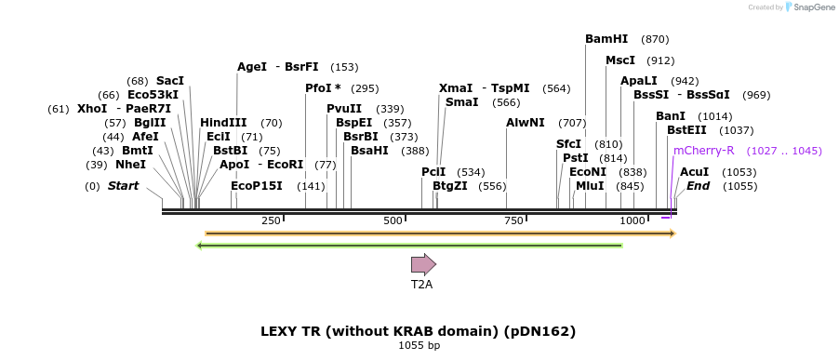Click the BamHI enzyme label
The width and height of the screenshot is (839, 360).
(606, 39)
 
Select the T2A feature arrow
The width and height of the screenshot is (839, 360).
(423, 264)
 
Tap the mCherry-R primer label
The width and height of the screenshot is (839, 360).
(703, 150)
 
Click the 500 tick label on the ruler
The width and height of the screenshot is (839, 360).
(393, 220)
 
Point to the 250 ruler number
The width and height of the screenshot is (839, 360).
(271, 220)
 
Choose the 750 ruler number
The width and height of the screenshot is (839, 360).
(513, 220)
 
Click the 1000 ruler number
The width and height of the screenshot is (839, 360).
(633, 220)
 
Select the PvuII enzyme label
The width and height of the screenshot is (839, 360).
(344, 109)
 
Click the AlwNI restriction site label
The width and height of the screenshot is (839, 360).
(526, 123)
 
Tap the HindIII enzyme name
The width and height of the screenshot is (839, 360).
(223, 123)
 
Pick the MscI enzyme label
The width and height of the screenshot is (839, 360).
(620, 60)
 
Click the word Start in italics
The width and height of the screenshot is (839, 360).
(123, 186)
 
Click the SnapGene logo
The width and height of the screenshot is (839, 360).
(807, 7)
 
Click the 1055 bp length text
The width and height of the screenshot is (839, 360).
(419, 346)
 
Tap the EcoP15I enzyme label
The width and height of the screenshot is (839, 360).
(256, 186)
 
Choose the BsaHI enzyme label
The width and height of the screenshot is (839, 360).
(369, 151)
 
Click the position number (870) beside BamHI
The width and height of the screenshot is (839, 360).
(655, 39)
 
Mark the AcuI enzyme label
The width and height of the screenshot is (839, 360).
(694, 172)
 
